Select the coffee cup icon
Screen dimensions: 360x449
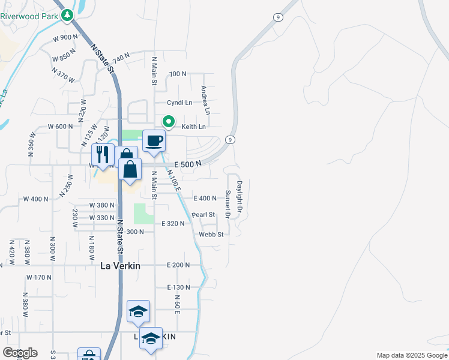click(x=154, y=141)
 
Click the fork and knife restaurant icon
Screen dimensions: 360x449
click(x=103, y=155)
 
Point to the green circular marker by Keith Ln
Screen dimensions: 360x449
click(x=169, y=122)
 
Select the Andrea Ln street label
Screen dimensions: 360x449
click(x=205, y=100)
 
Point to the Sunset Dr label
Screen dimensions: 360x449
click(x=228, y=204)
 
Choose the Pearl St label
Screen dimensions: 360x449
click(x=203, y=214)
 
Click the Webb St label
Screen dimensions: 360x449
click(x=211, y=235)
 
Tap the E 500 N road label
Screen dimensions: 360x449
click(x=186, y=163)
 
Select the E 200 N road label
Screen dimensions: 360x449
click(x=178, y=265)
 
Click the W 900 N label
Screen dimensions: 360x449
click(x=66, y=37)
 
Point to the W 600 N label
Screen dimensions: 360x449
click(x=60, y=126)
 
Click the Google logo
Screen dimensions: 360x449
click(x=20, y=353)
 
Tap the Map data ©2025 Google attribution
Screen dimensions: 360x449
click(x=411, y=355)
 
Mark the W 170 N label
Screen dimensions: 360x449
click(x=40, y=277)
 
